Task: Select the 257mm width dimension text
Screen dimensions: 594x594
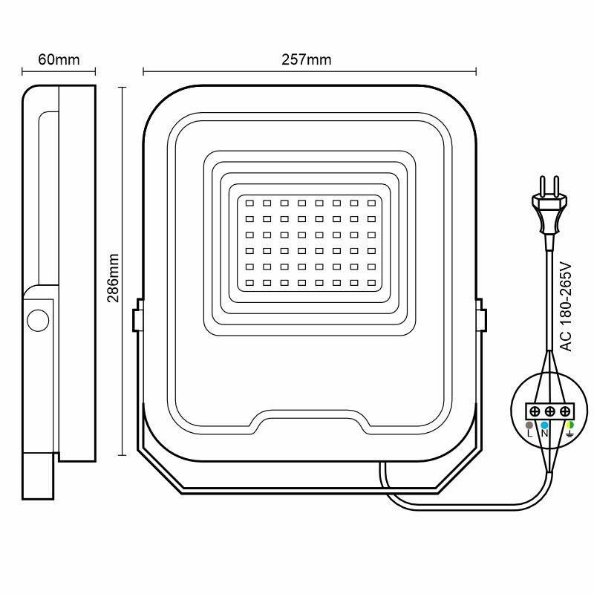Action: [x=307, y=60]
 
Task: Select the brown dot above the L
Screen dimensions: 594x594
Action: [x=529, y=425]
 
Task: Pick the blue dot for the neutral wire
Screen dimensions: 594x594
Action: [x=545, y=425]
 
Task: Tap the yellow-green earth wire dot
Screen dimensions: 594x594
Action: [x=569, y=425]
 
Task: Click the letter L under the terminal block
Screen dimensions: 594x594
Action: [x=529, y=434]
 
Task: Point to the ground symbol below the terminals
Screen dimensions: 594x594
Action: [x=569, y=434]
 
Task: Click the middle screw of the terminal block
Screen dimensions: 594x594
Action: [x=550, y=411]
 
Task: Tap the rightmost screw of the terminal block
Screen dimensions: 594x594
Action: [x=566, y=411]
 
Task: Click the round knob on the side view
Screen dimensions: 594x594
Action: [x=37, y=321]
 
